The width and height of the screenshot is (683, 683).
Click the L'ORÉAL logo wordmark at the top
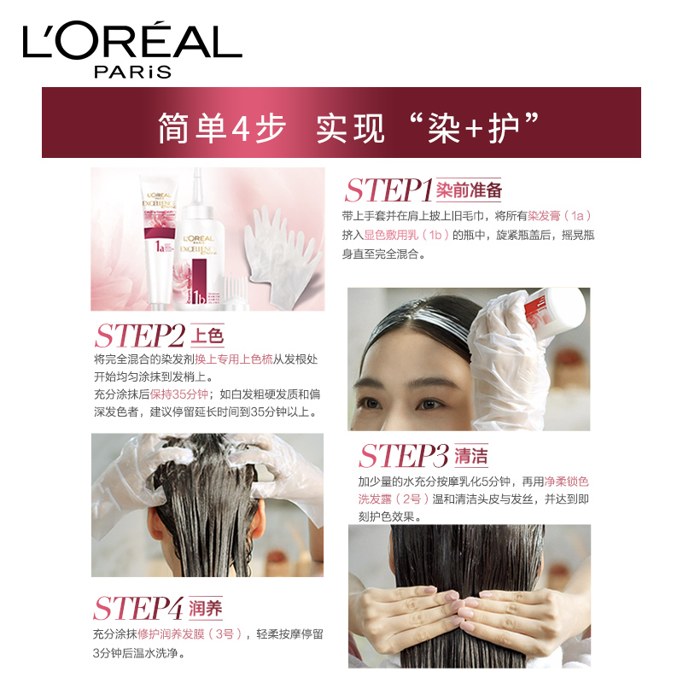coord(132,40)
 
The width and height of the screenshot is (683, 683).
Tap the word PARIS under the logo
coord(133,72)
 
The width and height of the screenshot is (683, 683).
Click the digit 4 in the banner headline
coord(240,128)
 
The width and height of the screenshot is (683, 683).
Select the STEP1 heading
coord(388,190)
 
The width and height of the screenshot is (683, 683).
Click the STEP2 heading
coord(140,336)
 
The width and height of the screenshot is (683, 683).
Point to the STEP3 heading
coord(404,456)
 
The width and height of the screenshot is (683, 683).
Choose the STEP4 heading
coord(137,608)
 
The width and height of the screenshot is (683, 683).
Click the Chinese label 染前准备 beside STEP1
coord(469,190)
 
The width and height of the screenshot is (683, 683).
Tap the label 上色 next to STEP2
coord(207,336)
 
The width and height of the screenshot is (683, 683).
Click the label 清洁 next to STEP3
coord(471,456)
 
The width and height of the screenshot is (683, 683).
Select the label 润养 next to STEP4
coord(206,608)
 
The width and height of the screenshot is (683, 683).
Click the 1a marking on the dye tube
coord(160,247)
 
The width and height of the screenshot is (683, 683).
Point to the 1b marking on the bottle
coord(199,297)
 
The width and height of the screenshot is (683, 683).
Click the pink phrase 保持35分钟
coord(179,394)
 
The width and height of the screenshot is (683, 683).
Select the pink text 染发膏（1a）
coord(560,216)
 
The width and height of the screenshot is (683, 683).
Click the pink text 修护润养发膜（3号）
coord(190,633)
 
